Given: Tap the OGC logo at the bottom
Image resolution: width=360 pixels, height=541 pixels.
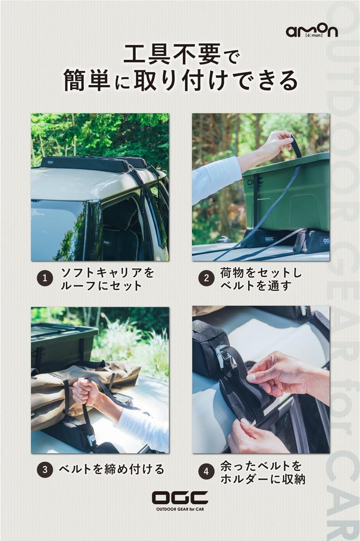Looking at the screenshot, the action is point(180,498).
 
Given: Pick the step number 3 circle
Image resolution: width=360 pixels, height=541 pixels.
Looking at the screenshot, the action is point(45,470).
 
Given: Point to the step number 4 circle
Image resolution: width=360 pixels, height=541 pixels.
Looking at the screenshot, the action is point(206,472).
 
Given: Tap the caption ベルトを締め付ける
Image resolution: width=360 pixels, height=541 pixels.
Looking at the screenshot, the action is point(111,470).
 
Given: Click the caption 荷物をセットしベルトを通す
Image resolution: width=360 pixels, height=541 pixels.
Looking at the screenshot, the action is point(261,279).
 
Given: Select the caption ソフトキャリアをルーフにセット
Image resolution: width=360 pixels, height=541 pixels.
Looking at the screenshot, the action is point(107,279).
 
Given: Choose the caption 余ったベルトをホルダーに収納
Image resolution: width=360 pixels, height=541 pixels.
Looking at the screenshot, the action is point(263,472).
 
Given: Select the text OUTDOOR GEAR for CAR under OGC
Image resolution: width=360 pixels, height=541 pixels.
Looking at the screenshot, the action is point(180,509).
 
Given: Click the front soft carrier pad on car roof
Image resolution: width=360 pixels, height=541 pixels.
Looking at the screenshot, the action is point(85,165).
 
